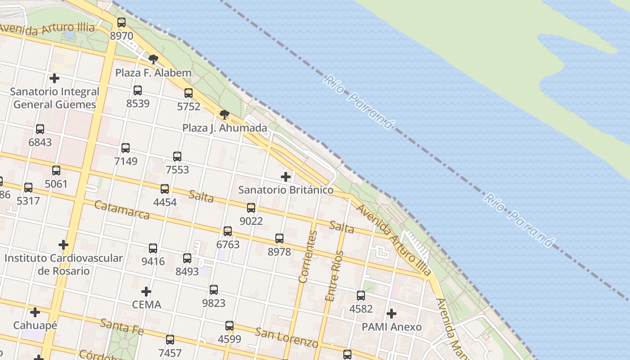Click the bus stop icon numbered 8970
121,22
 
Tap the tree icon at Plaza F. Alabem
153,59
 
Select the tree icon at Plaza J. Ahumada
225,115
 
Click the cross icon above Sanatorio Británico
286,177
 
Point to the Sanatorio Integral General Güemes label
54,98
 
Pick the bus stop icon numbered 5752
189,93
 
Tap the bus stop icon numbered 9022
251,208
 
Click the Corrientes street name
308,256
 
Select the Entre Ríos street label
334,276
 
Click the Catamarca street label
122,210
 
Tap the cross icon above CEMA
146,292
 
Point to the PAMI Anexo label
391,327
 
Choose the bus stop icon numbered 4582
361,296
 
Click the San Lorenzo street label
287,338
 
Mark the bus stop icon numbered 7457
170,340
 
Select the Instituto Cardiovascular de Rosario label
63,265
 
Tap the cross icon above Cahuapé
35,312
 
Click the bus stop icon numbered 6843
40,129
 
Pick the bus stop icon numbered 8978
279,238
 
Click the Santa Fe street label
121,327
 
